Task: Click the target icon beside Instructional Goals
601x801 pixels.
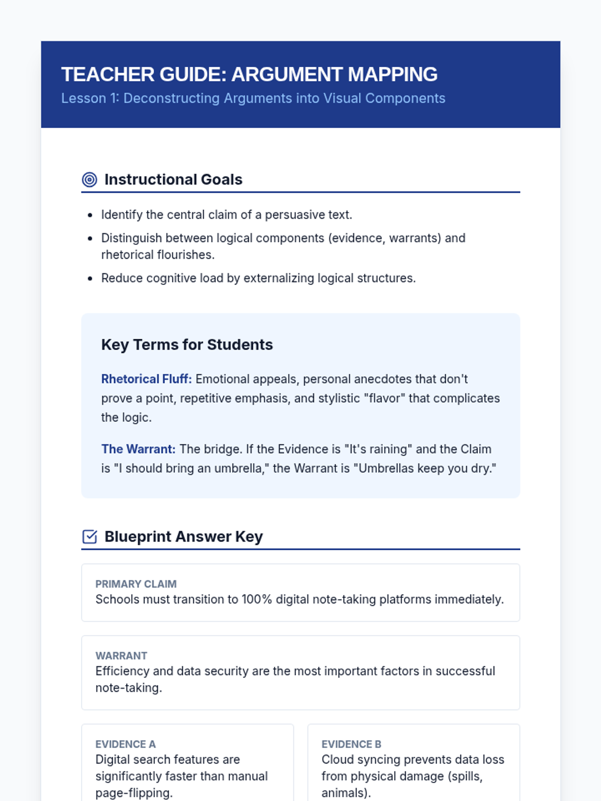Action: tap(89, 179)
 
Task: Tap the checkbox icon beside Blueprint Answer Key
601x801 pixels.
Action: tap(89, 537)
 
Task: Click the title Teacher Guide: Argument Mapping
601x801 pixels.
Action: tap(249, 74)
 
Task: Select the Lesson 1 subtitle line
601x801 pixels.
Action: tap(253, 98)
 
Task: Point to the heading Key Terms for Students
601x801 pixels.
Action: tap(187, 344)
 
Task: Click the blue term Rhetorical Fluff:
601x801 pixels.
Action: tap(146, 379)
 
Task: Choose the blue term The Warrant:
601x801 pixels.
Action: tap(138, 449)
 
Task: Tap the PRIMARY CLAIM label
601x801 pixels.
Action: tap(136, 584)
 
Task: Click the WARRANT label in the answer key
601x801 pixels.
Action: tap(121, 656)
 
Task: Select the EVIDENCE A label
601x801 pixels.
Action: tap(125, 744)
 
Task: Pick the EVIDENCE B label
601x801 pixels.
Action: tap(351, 744)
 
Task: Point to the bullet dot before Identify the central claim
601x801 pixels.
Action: tap(90, 215)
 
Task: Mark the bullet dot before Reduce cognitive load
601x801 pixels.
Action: tap(90, 278)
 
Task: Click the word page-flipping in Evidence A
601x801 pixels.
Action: tap(134, 792)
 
